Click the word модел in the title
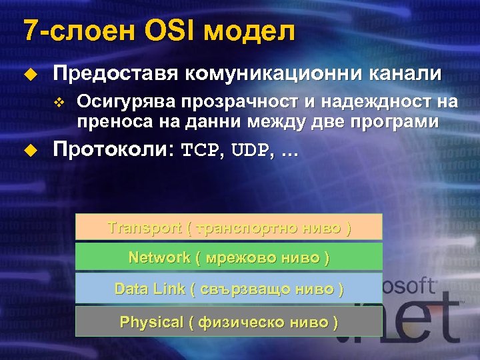coord(249,31)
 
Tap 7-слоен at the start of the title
coord(74,31)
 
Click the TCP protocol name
coord(199,151)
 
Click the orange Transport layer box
coord(229,227)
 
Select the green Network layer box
coord(229,257)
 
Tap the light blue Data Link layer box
coord(229,289)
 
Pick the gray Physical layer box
coord(229,321)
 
